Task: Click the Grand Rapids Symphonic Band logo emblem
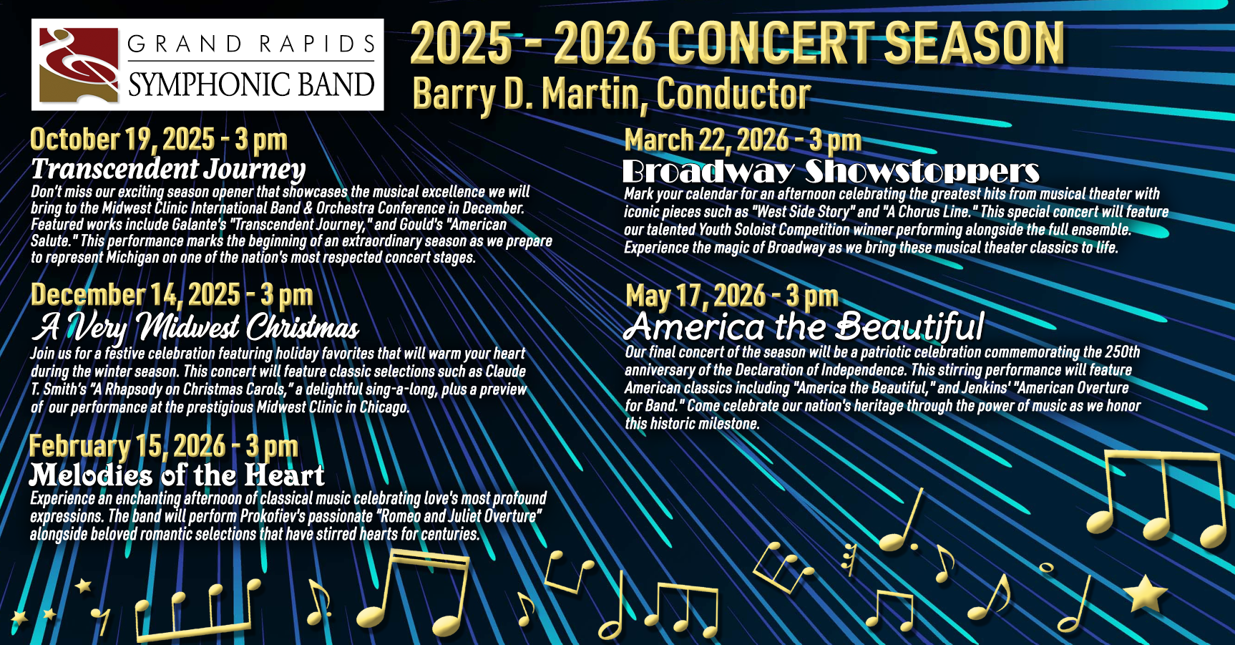coord(79,65)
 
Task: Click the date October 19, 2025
coord(122,139)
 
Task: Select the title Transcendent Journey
coord(168,169)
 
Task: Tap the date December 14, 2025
coord(135,294)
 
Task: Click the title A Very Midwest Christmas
coord(195,326)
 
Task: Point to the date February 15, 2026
coord(127,445)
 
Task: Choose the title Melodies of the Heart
coord(177,475)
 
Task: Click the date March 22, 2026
coord(707,140)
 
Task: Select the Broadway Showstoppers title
coord(831,171)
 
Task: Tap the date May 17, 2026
coord(695,295)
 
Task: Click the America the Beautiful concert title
coord(805,326)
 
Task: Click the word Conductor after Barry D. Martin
coord(733,94)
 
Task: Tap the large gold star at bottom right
coord(1145,593)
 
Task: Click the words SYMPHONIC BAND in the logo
coord(251,84)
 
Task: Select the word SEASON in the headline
coord(974,43)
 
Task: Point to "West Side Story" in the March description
coord(803,212)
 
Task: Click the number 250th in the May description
coord(1123,351)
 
